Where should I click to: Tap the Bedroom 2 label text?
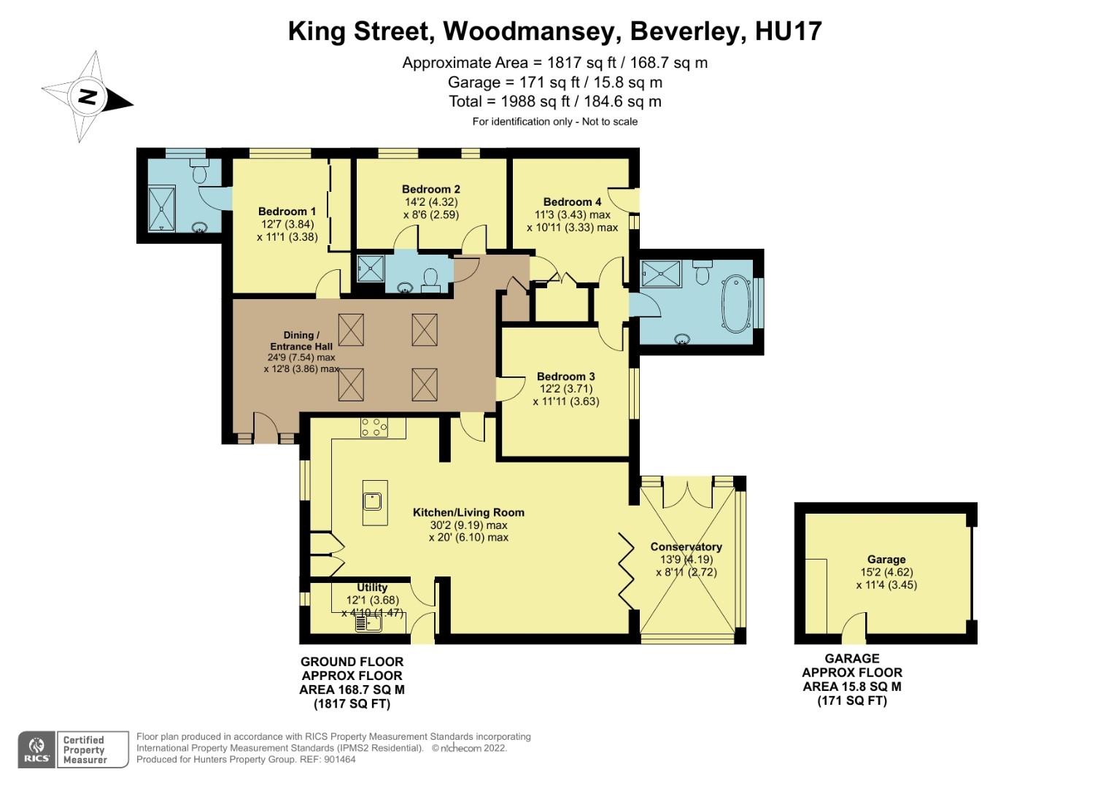click(x=430, y=189)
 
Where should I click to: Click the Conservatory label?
click(x=686, y=546)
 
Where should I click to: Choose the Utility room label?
click(x=372, y=587)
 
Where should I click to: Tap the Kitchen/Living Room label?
click(x=468, y=512)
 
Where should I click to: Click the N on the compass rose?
click(x=88, y=96)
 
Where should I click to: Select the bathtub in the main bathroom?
click(x=735, y=304)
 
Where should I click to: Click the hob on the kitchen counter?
click(x=373, y=427)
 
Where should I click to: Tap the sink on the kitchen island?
click(x=374, y=501)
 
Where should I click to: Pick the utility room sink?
click(x=368, y=623)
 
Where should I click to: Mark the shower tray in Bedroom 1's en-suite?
click(x=161, y=208)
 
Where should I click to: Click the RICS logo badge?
click(x=36, y=749)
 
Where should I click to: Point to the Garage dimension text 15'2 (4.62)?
click(x=886, y=572)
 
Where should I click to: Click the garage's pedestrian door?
click(x=851, y=629)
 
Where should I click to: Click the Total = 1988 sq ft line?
click(x=554, y=101)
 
